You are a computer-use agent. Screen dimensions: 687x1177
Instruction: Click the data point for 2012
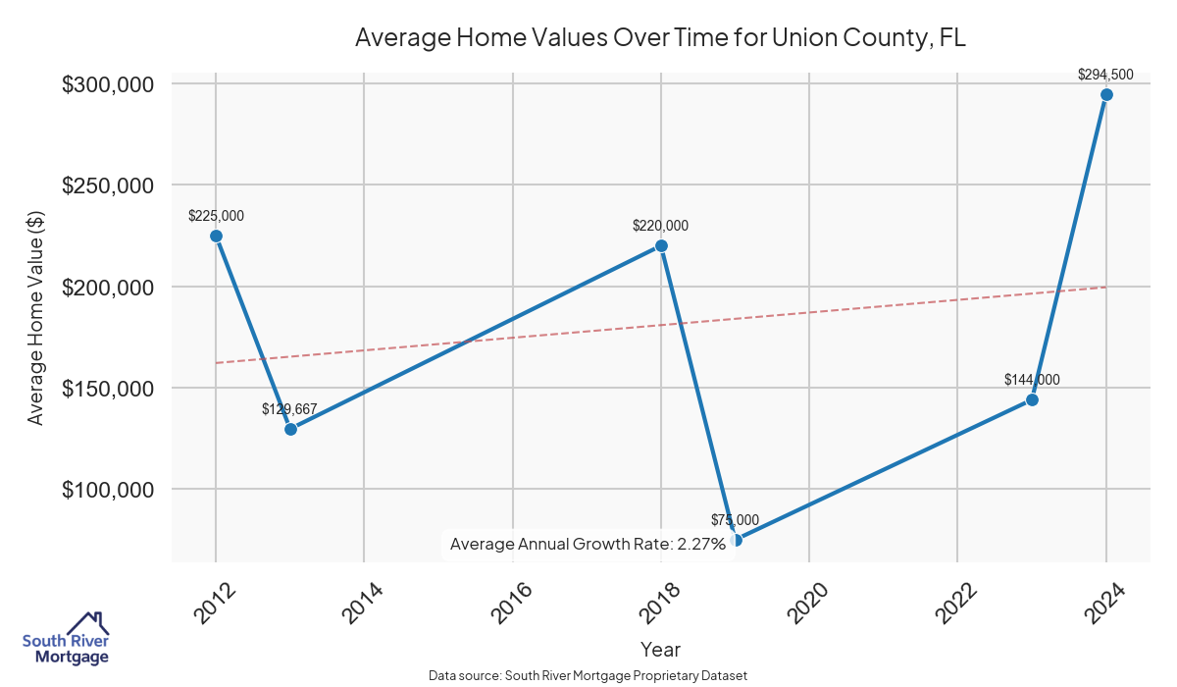click(216, 236)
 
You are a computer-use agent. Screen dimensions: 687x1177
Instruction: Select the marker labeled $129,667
click(290, 429)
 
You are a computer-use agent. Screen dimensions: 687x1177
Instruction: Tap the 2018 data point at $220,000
click(661, 245)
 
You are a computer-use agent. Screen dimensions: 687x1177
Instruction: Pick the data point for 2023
click(1032, 399)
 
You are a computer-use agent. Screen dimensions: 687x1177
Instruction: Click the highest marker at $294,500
click(1106, 94)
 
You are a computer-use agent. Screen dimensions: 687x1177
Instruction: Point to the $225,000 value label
click(216, 216)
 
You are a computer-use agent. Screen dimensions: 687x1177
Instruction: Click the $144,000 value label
click(1032, 380)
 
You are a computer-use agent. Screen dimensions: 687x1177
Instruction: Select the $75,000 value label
click(735, 519)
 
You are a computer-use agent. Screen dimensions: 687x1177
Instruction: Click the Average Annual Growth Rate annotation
click(588, 544)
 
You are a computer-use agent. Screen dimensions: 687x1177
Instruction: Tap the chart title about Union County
click(661, 38)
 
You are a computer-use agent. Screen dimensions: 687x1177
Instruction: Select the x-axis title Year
click(660, 649)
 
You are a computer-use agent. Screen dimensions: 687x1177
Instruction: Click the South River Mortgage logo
click(66, 639)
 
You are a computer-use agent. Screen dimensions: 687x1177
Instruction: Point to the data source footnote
click(588, 675)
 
